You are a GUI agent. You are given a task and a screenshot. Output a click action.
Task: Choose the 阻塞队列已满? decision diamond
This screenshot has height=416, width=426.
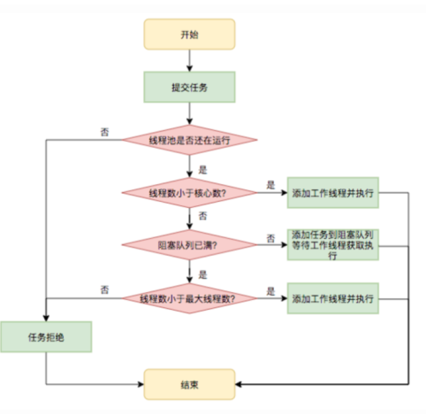189,244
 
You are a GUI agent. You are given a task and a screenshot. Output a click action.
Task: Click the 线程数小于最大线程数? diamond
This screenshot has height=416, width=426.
189,298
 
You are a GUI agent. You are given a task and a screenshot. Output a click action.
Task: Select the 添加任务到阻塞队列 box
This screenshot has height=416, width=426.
332,244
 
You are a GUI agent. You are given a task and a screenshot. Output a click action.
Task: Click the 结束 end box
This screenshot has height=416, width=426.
189,382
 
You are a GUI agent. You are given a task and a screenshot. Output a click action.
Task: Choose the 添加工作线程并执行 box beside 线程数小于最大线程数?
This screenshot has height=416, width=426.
332,298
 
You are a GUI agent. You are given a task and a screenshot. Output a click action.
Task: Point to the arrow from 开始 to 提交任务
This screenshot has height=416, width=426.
189,59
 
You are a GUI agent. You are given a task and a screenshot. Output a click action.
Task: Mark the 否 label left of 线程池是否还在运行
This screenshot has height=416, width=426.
105,132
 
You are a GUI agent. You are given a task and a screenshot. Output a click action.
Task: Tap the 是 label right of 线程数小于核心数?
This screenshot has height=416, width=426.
270,184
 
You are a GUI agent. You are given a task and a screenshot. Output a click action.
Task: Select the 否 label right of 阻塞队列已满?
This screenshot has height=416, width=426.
270,238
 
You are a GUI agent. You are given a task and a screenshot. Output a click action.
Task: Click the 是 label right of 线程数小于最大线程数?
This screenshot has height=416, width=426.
270,290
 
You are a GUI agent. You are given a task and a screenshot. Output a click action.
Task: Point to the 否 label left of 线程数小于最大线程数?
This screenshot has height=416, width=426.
105,290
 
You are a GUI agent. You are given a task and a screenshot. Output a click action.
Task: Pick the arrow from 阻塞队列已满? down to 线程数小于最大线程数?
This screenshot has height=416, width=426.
189,271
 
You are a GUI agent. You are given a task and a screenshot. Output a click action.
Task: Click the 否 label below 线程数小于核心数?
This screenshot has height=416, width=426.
203,215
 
